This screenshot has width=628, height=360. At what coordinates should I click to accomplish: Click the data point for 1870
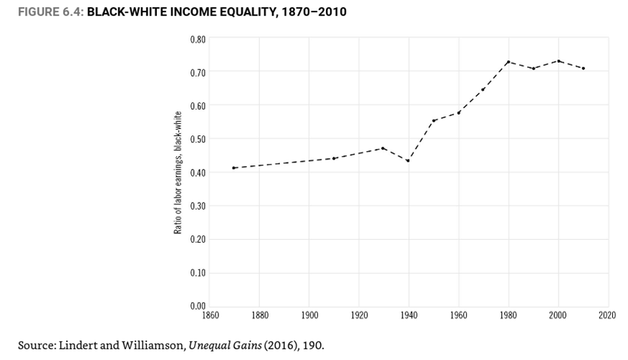pos(234,167)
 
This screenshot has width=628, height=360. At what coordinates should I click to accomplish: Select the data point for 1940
pos(407,160)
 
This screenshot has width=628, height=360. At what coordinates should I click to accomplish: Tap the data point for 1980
pos(508,62)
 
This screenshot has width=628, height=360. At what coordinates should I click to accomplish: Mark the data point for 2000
pos(558,61)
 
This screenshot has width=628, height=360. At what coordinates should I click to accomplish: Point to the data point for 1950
pos(433,120)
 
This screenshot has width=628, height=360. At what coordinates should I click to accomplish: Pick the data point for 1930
pos(383,148)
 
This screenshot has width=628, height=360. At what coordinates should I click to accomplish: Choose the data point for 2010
pos(584,68)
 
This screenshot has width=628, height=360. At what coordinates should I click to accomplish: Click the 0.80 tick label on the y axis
pos(198,39)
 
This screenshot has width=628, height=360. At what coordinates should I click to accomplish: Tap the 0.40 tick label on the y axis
pos(198,172)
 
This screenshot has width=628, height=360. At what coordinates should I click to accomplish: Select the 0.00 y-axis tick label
pos(198,306)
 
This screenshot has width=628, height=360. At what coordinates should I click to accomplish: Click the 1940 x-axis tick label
pos(408,315)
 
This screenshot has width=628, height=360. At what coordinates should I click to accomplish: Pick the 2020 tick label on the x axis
pos(608,315)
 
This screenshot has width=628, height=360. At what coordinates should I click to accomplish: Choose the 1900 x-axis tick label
pos(309,315)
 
